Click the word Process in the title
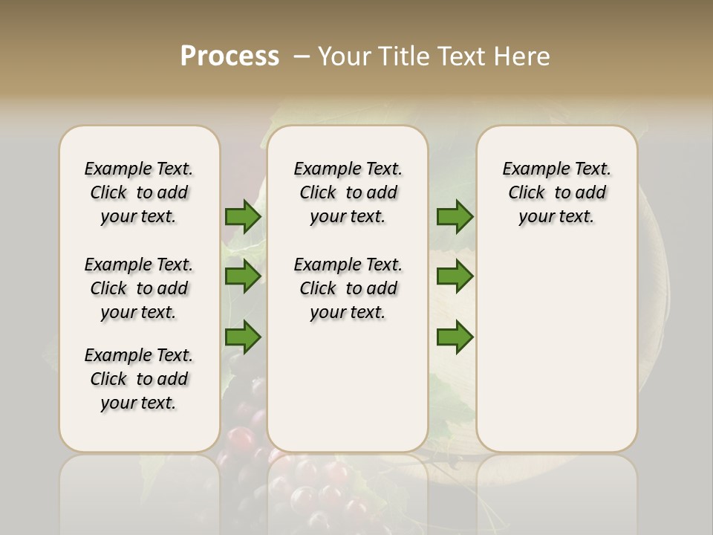coord(229,56)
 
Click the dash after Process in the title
coord(301,56)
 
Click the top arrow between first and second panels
coord(242,217)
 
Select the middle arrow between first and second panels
coord(242,276)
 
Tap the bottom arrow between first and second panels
coord(242,337)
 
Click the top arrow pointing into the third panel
coord(455,217)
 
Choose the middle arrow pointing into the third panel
coord(455,276)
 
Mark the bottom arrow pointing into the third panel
coord(455,337)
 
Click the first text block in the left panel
coord(139,192)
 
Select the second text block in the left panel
coord(139,288)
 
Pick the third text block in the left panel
coord(139,379)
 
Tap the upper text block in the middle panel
coord(348,192)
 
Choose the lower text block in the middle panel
coord(348,288)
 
